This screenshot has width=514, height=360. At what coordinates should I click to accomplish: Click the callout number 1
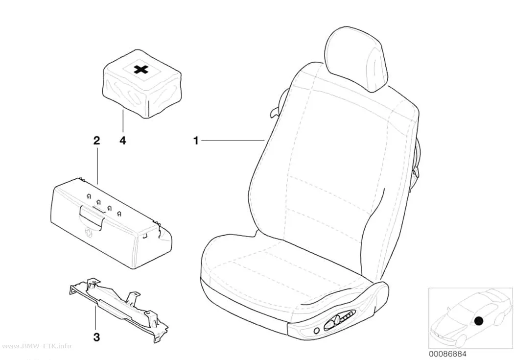196,141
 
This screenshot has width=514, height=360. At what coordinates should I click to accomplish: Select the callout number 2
96,141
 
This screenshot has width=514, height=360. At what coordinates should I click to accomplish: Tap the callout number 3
96,337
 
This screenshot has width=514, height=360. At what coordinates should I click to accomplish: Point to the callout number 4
122,141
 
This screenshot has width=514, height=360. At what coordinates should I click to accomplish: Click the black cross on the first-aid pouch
141,69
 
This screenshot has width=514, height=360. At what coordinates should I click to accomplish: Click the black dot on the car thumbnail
479,321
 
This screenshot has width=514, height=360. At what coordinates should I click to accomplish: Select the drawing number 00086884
447,354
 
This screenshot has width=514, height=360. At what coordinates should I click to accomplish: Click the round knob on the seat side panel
317,331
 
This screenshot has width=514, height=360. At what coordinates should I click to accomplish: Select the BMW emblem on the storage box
88,232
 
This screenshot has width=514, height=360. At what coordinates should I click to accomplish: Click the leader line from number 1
233,141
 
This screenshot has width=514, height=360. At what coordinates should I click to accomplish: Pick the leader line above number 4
123,122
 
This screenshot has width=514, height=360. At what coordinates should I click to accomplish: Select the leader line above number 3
96,317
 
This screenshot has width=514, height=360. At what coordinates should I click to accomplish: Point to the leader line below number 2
97,166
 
